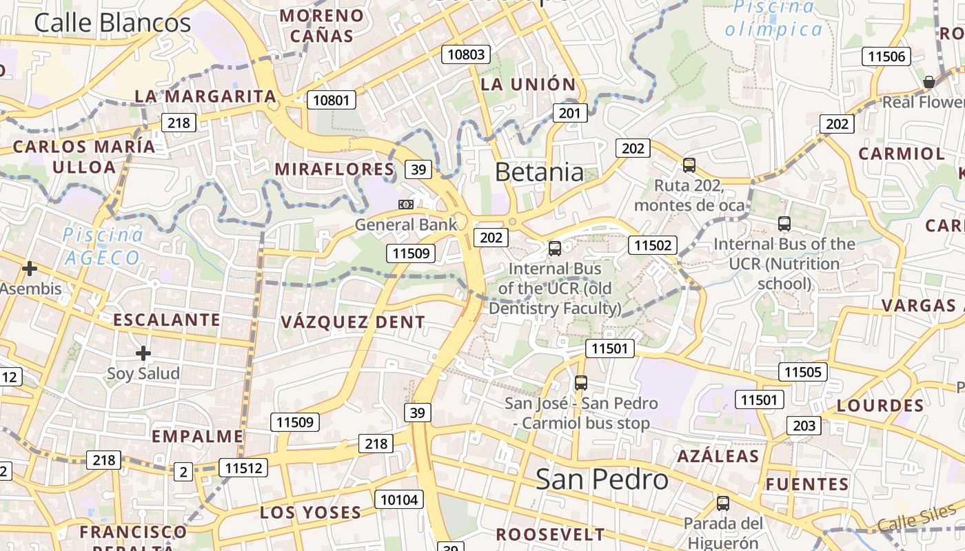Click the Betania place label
[x=539, y=172]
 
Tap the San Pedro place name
[x=602, y=479]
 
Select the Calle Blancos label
[x=112, y=23]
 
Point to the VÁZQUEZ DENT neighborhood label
[x=353, y=322]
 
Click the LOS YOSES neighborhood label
[x=310, y=512]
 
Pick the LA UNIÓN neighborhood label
[x=528, y=85]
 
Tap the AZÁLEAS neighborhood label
[x=718, y=456]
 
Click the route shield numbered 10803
[x=467, y=54]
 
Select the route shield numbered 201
[x=570, y=113]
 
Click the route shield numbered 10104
[x=399, y=499]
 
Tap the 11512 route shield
[x=243, y=468]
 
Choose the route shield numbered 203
[x=804, y=426]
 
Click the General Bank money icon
[x=406, y=204]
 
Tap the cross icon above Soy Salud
[x=143, y=353]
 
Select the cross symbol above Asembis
[x=29, y=269]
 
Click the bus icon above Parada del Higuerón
[x=722, y=503]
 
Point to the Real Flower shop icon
[x=928, y=83]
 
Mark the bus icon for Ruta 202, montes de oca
[x=689, y=165]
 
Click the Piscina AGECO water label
[x=103, y=246]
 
